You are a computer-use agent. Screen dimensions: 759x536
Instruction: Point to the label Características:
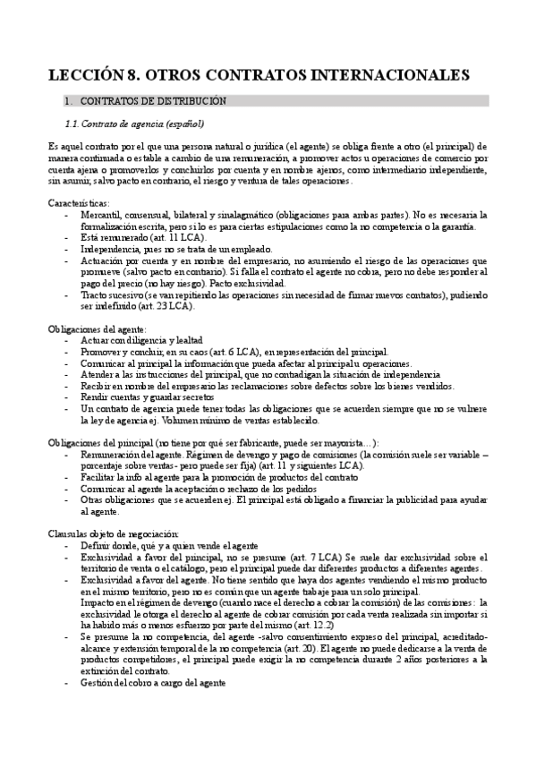(78, 202)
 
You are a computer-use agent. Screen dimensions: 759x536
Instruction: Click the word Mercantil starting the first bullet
(100, 215)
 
